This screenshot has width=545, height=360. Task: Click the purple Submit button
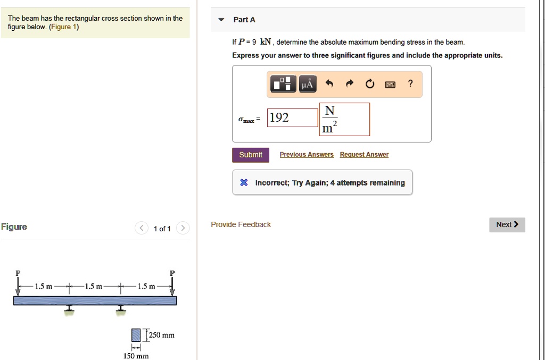tap(250, 155)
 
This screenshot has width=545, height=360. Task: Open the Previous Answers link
tap(307, 155)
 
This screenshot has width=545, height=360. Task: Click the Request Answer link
tap(364, 155)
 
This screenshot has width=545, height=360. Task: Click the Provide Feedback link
tap(241, 224)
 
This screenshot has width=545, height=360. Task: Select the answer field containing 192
tap(292, 118)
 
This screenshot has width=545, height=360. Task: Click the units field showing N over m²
tap(344, 119)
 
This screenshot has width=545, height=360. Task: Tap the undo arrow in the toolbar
tap(329, 84)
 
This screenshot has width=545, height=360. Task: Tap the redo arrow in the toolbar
tap(350, 84)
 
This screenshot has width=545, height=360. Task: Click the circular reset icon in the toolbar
tap(370, 84)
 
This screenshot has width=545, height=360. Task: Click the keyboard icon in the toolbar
tap(390, 84)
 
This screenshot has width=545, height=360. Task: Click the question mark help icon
tap(410, 83)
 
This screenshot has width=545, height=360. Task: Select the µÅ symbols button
tap(308, 84)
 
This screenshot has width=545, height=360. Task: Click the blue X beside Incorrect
tap(244, 183)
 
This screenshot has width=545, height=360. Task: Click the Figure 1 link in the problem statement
tap(63, 27)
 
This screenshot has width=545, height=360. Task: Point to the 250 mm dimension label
tap(161, 335)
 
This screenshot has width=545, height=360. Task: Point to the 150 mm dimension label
tap(136, 356)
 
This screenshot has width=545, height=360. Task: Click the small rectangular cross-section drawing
tap(136, 335)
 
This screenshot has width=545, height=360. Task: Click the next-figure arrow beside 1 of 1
tap(183, 229)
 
